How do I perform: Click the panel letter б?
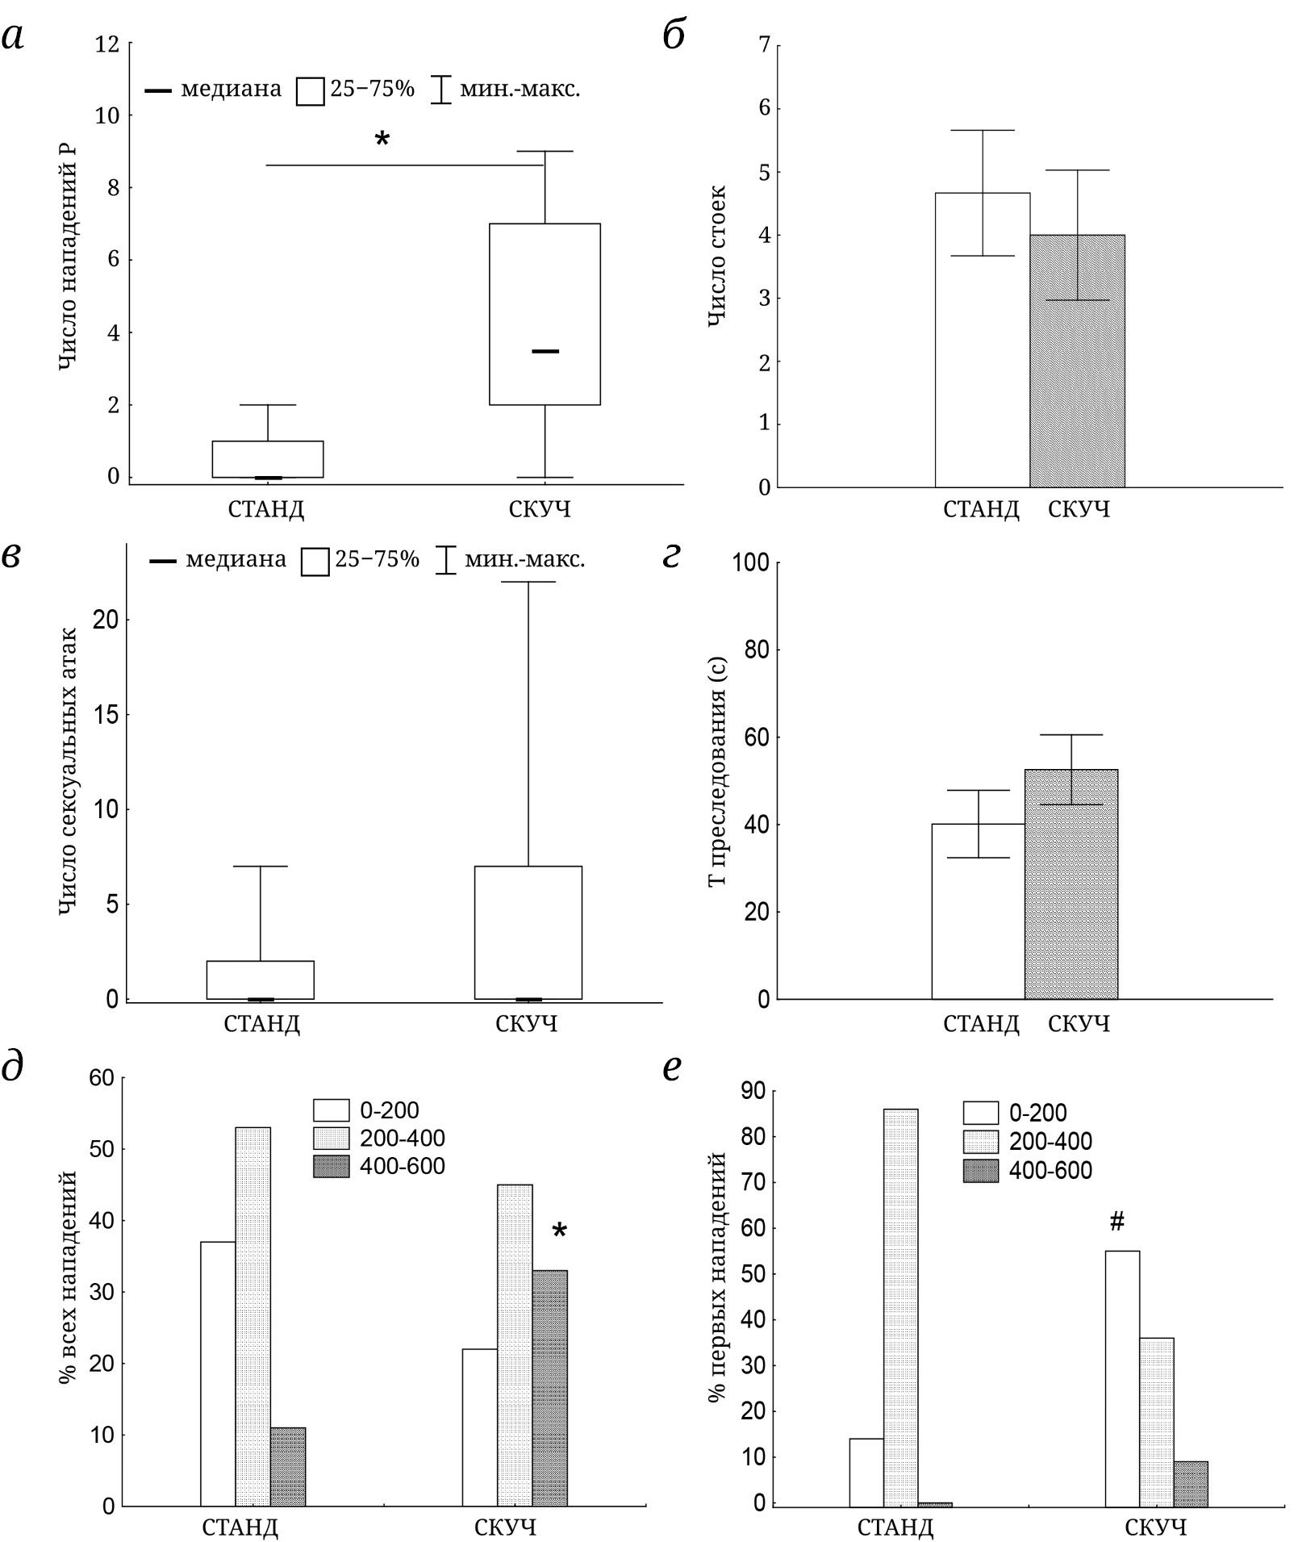point(674,37)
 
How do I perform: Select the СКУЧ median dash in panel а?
point(545,351)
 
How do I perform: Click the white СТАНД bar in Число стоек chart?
point(982,339)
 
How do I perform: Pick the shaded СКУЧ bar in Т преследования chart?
point(1071,884)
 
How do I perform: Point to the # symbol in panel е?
point(1116,1222)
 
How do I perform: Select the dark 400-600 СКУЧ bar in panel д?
point(549,1388)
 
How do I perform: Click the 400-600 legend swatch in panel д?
point(331,1167)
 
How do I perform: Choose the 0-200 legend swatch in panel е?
point(980,1113)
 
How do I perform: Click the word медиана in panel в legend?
point(236,559)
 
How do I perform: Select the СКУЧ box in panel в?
point(528,932)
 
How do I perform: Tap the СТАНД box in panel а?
point(267,459)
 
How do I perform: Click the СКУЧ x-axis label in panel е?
point(1155,1527)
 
